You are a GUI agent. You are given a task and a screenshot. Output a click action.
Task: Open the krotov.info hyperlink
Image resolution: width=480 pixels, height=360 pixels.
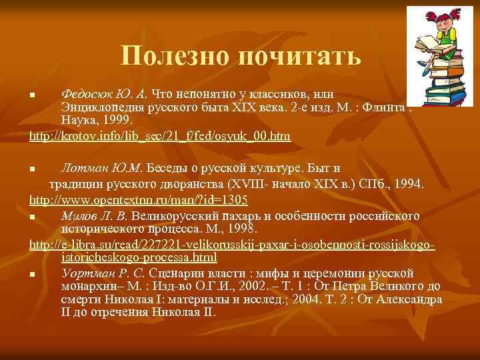tap(160, 136)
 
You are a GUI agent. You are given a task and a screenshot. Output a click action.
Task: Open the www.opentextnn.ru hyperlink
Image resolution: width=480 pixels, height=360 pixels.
tap(139, 199)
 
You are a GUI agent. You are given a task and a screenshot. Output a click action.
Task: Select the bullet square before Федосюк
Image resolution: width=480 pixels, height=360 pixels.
tap(33, 94)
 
